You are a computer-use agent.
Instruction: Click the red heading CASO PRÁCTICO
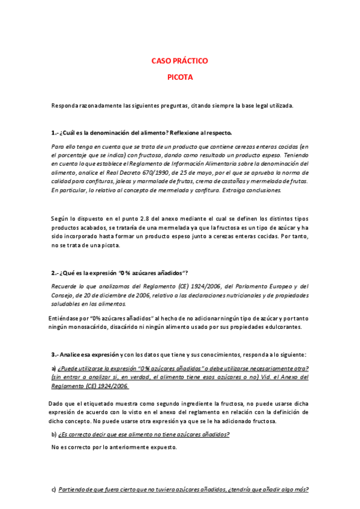[179, 61]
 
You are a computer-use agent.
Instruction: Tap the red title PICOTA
[179, 77]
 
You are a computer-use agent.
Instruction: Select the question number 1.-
[55, 133]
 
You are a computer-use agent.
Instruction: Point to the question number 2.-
[55, 274]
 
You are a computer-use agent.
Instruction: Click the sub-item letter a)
[54, 368]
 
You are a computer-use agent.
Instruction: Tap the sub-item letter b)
[54, 434]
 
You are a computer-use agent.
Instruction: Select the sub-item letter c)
[54, 489]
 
